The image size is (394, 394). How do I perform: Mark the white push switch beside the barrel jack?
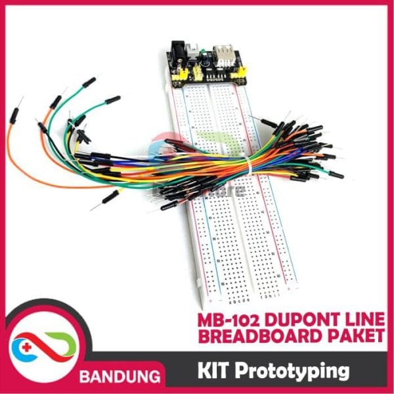[195, 49]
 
